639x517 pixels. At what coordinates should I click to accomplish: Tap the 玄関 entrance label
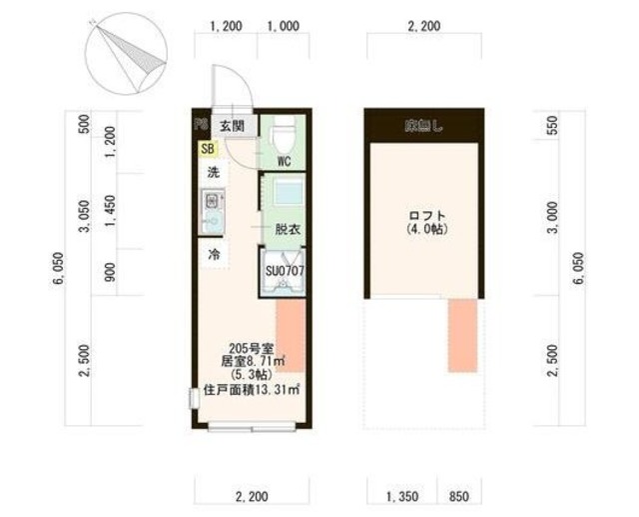pos(233,126)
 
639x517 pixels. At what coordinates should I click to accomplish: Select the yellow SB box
pos(207,149)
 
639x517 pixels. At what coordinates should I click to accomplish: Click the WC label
pos(283,160)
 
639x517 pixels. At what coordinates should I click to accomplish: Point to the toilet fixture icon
pos(282,130)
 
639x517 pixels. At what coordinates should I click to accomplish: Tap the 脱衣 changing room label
pos(289,228)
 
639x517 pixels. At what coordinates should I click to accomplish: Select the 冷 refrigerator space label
pos(214,254)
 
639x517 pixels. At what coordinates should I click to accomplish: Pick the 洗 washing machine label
pos(213,172)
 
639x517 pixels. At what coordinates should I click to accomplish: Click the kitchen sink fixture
pos(213,211)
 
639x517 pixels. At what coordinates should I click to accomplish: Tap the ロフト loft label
pos(426,216)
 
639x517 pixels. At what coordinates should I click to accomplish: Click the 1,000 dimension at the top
pos(284,27)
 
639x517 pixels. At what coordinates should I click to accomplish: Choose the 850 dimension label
pos(460,495)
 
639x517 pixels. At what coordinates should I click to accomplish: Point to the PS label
pos(200,127)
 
